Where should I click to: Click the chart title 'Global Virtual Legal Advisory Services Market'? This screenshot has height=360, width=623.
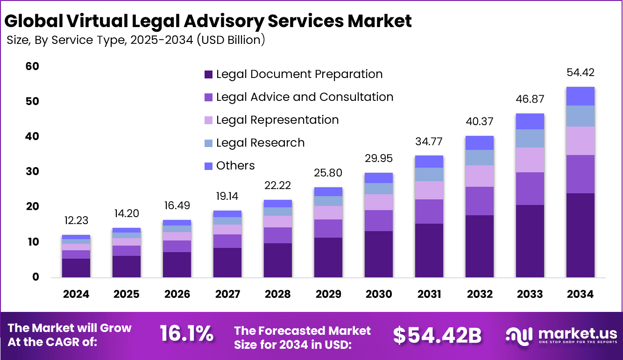click(x=208, y=21)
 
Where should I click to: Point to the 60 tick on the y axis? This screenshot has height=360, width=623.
click(x=32, y=67)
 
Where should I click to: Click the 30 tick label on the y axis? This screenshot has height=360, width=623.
click(x=32, y=172)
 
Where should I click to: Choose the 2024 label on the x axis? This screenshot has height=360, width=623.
click(x=76, y=294)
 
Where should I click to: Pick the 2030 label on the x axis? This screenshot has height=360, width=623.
click(x=379, y=294)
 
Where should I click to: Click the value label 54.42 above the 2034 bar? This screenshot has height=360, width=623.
click(x=581, y=73)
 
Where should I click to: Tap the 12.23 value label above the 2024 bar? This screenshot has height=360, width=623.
click(x=76, y=220)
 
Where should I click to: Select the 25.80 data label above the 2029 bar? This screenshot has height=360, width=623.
click(x=328, y=173)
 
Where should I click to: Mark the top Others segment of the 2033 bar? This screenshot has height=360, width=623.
click(x=530, y=121)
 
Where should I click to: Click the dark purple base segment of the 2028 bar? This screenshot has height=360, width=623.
click(x=278, y=260)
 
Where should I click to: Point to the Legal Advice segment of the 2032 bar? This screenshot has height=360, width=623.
click(x=480, y=201)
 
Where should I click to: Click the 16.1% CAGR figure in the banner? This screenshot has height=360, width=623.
click(x=187, y=334)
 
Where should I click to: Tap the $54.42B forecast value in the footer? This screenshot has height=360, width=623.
click(x=437, y=335)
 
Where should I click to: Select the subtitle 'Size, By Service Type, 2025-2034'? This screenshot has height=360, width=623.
click(x=136, y=40)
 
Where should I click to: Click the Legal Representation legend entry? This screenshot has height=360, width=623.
click(x=277, y=120)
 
